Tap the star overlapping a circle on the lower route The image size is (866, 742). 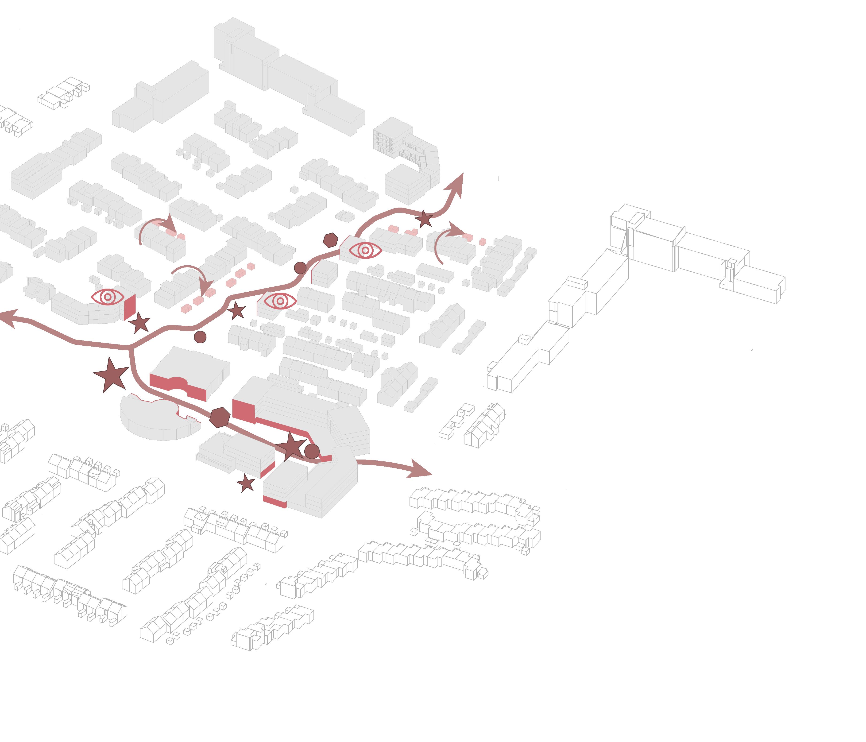coord(291,446)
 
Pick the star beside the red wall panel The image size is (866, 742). coord(139,323)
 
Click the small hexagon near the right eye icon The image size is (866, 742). coord(331,240)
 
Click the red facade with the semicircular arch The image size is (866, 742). coord(178,385)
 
